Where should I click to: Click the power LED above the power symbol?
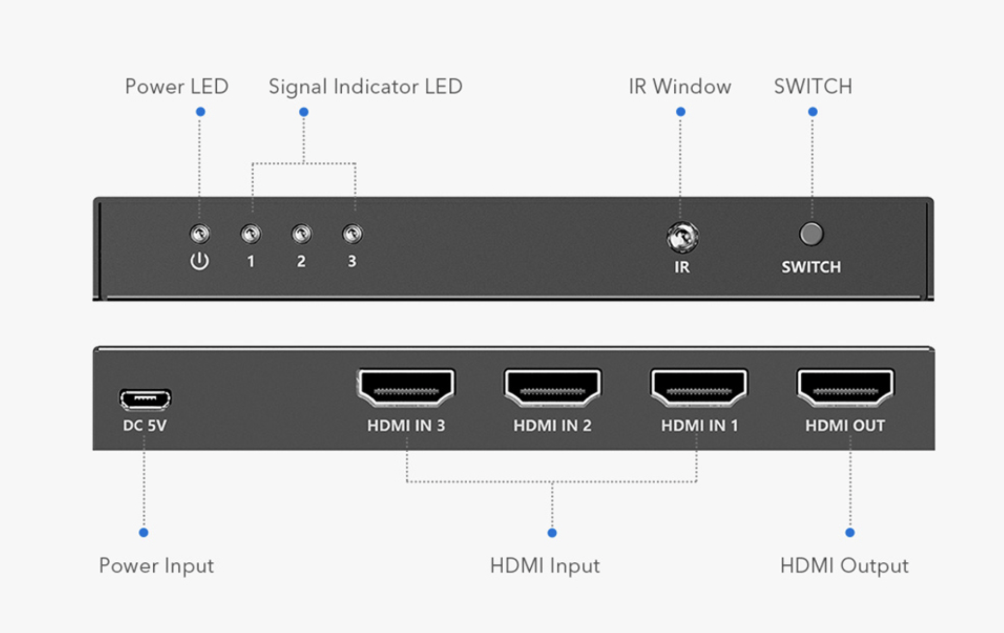pos(200,234)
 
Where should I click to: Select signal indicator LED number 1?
pos(250,234)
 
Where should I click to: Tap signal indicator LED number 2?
pos(302,234)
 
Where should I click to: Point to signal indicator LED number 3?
pos(353,234)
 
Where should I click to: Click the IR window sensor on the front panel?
pos(682,237)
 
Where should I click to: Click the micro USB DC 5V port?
pos(145,400)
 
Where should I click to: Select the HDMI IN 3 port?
pos(406,388)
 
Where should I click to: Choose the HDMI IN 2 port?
pos(553,388)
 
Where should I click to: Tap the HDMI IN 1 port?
pos(699,388)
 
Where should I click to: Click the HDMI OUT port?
pos(845,388)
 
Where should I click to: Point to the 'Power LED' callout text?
pos(177,87)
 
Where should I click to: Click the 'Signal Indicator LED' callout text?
pos(365,87)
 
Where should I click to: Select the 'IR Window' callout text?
pos(680,87)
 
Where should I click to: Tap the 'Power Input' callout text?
pos(156,566)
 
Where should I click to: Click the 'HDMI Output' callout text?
pos(844,566)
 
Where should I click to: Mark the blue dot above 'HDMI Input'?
pos(552,533)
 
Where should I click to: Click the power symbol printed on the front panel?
pos(199,261)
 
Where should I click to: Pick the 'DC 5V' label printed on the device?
pos(145,426)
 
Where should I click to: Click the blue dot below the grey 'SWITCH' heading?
pos(813,112)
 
